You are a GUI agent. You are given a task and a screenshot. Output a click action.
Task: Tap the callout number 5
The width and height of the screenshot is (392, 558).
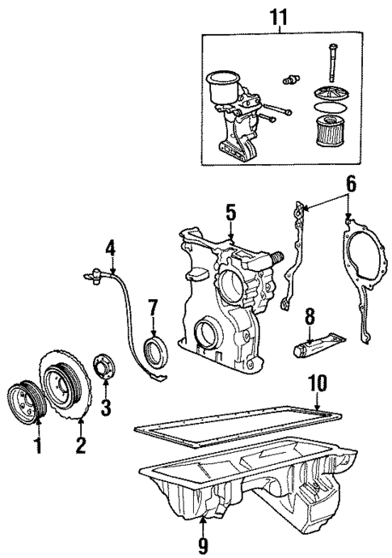tap(230, 214)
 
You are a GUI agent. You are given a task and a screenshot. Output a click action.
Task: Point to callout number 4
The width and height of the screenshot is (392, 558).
tap(111, 247)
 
